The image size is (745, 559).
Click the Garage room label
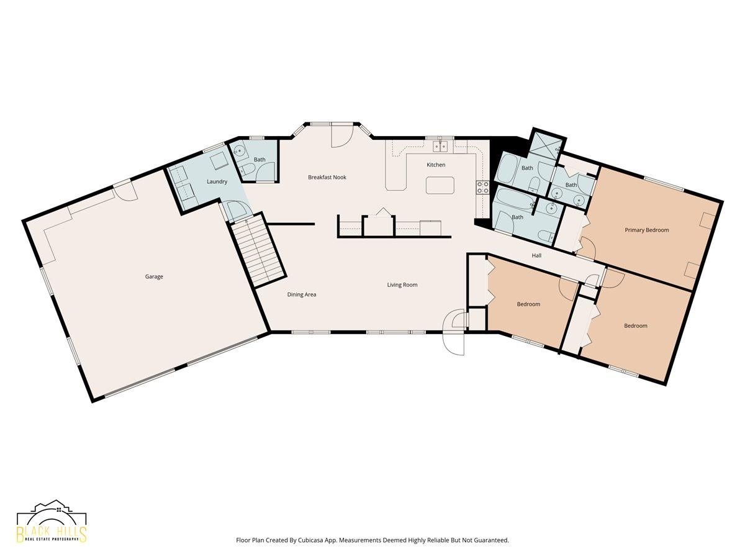(154, 276)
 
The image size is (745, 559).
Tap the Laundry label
(217, 181)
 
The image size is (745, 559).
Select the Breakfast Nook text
(327, 177)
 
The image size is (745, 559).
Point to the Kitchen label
(436, 165)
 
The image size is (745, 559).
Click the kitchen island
(440, 185)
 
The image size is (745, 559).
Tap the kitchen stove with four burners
(483, 188)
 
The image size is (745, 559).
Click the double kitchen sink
(440, 147)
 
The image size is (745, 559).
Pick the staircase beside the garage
(258, 250)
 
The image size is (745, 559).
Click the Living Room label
(402, 284)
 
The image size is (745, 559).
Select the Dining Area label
(302, 294)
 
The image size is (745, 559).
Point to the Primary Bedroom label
(647, 230)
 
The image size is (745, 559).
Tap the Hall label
(536, 255)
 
